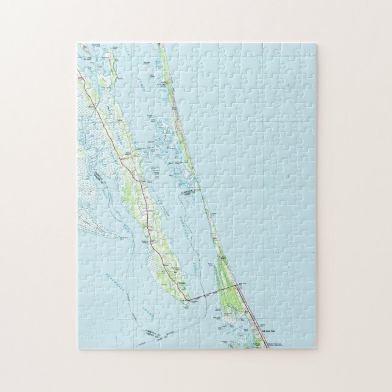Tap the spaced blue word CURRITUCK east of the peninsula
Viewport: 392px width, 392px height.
(x=183, y=225)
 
